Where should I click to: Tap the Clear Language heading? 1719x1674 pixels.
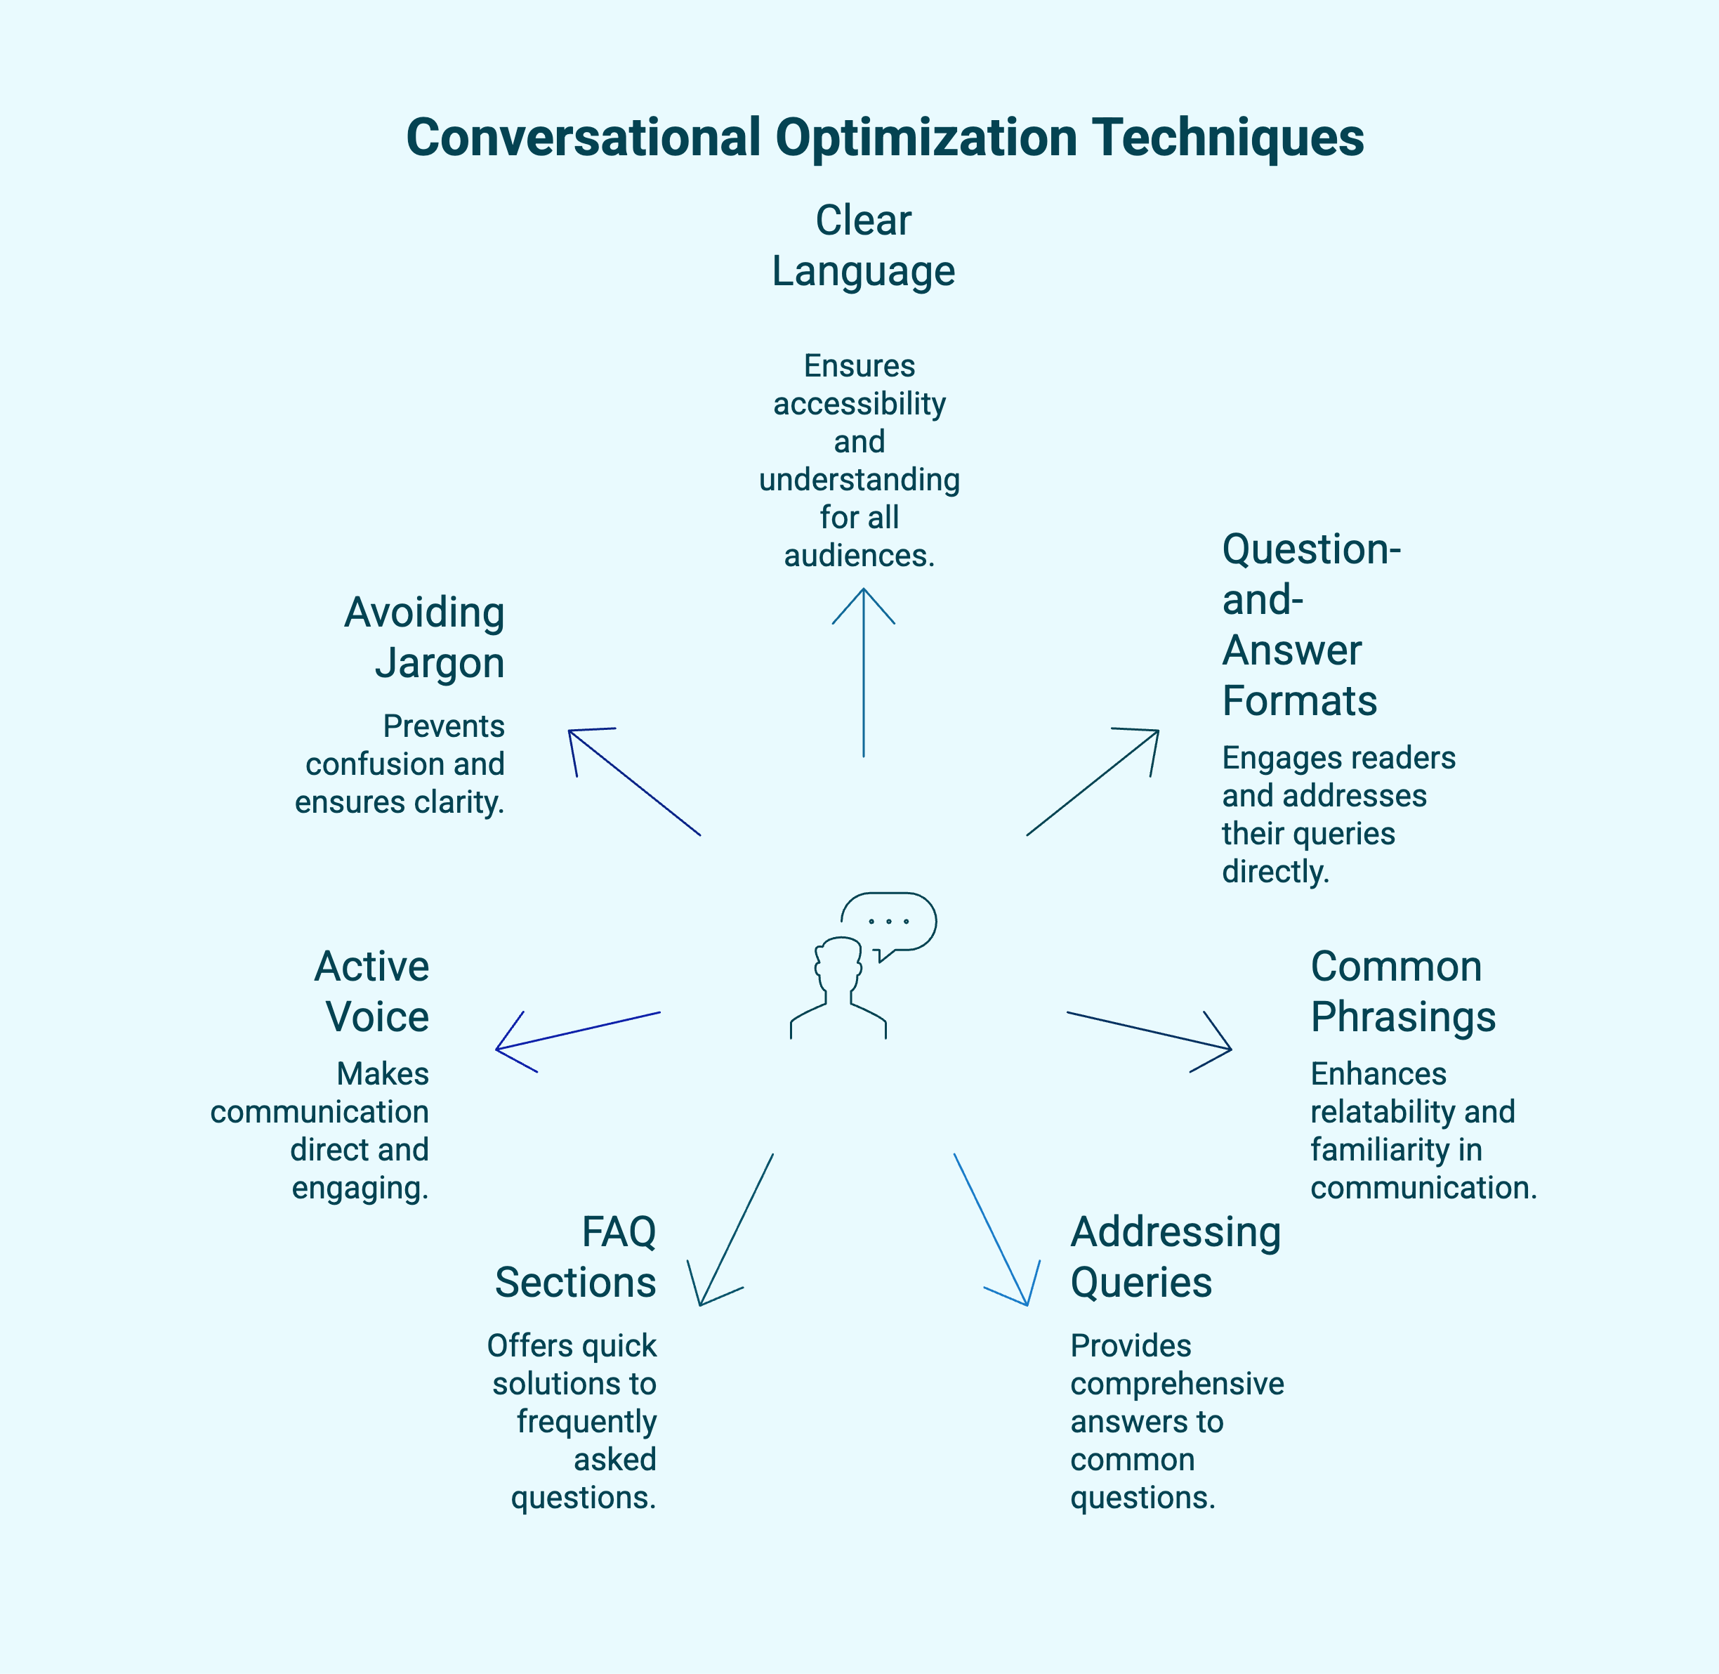tap(863, 245)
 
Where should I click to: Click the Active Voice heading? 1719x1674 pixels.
tap(373, 991)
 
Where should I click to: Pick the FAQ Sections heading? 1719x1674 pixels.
tap(576, 1257)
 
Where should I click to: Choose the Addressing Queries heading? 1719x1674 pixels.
tap(1175, 1257)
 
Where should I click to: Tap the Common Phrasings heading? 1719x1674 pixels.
tap(1402, 991)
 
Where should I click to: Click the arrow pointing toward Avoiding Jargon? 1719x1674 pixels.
tap(635, 782)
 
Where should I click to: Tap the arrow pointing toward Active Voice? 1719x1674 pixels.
tap(579, 1031)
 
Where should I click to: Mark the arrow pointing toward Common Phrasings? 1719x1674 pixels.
tap(1149, 1031)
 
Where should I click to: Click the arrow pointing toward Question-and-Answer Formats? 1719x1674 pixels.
tap(1093, 782)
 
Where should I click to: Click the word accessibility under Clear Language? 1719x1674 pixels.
tap(859, 403)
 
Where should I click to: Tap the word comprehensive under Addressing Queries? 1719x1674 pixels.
tap(1177, 1383)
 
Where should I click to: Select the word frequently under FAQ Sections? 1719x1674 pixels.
tap(586, 1421)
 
